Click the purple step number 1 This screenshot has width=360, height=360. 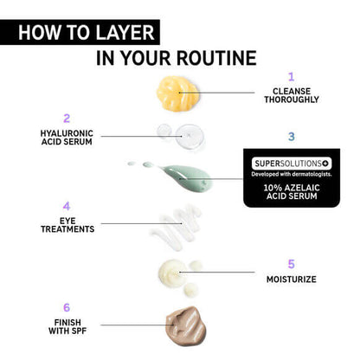tap(291, 76)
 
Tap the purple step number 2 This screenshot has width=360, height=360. tap(66, 118)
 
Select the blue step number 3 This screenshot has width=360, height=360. tap(291, 137)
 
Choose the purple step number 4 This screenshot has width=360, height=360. tap(66, 207)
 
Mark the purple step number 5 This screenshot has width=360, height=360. tap(291, 264)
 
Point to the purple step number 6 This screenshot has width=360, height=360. tap(66, 307)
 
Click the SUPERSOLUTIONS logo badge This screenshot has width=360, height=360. tap(291, 163)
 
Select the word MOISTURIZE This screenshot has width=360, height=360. tap(291, 280)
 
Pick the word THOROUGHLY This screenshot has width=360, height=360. tap(291, 100)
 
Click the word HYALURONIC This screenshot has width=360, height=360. tap(66, 133)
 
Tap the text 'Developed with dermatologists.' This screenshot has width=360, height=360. tap(291, 173)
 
